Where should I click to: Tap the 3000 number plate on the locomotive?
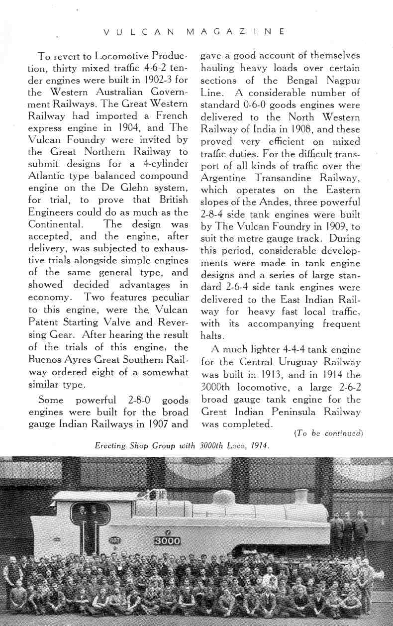[x=167, y=541]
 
